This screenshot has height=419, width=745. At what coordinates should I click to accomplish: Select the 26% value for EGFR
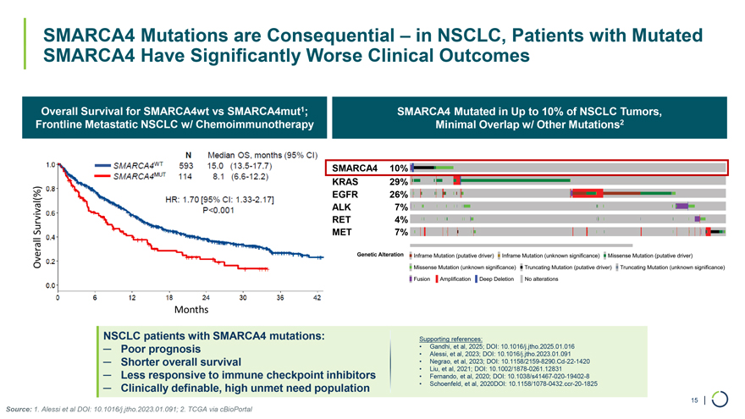(398, 194)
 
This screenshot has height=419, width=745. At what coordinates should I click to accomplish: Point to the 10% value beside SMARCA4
(398, 168)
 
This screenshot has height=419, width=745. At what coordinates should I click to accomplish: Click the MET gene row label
(342, 232)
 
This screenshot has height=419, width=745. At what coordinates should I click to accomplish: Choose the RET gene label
(342, 219)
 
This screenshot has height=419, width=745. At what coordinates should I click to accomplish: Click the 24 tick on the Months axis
(205, 297)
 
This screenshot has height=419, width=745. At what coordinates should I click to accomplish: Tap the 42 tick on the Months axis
(317, 297)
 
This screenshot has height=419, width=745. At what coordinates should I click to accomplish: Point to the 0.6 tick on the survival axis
(51, 212)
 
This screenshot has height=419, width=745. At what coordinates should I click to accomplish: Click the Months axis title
(191, 310)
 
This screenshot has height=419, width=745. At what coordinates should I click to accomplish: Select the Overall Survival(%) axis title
(38, 227)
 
